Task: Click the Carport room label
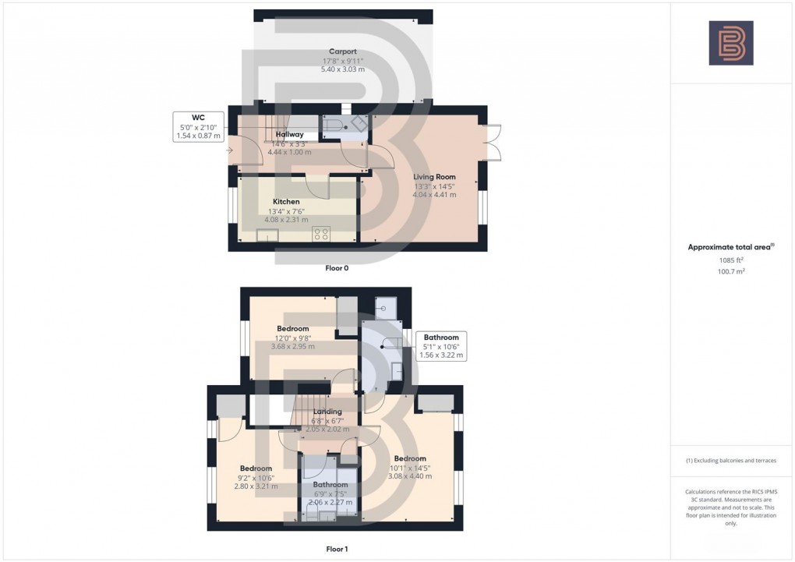[x=343, y=51]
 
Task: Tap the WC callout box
[x=200, y=127]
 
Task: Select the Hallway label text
[x=289, y=134]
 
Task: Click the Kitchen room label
[x=286, y=201]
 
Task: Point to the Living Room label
[x=434, y=177]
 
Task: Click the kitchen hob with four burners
[x=321, y=233]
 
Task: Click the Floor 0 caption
[x=337, y=267]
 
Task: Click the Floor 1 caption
[x=337, y=549]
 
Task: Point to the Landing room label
[x=327, y=412]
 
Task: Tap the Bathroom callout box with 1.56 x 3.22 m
[x=441, y=346]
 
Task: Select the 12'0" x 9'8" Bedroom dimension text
[x=292, y=338]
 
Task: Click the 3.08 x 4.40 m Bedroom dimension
[x=409, y=476]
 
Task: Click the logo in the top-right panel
[x=731, y=43]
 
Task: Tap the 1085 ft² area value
[x=731, y=260]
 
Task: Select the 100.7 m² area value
[x=731, y=272]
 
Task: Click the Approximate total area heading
[x=730, y=246]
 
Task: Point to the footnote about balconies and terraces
[x=730, y=461]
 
